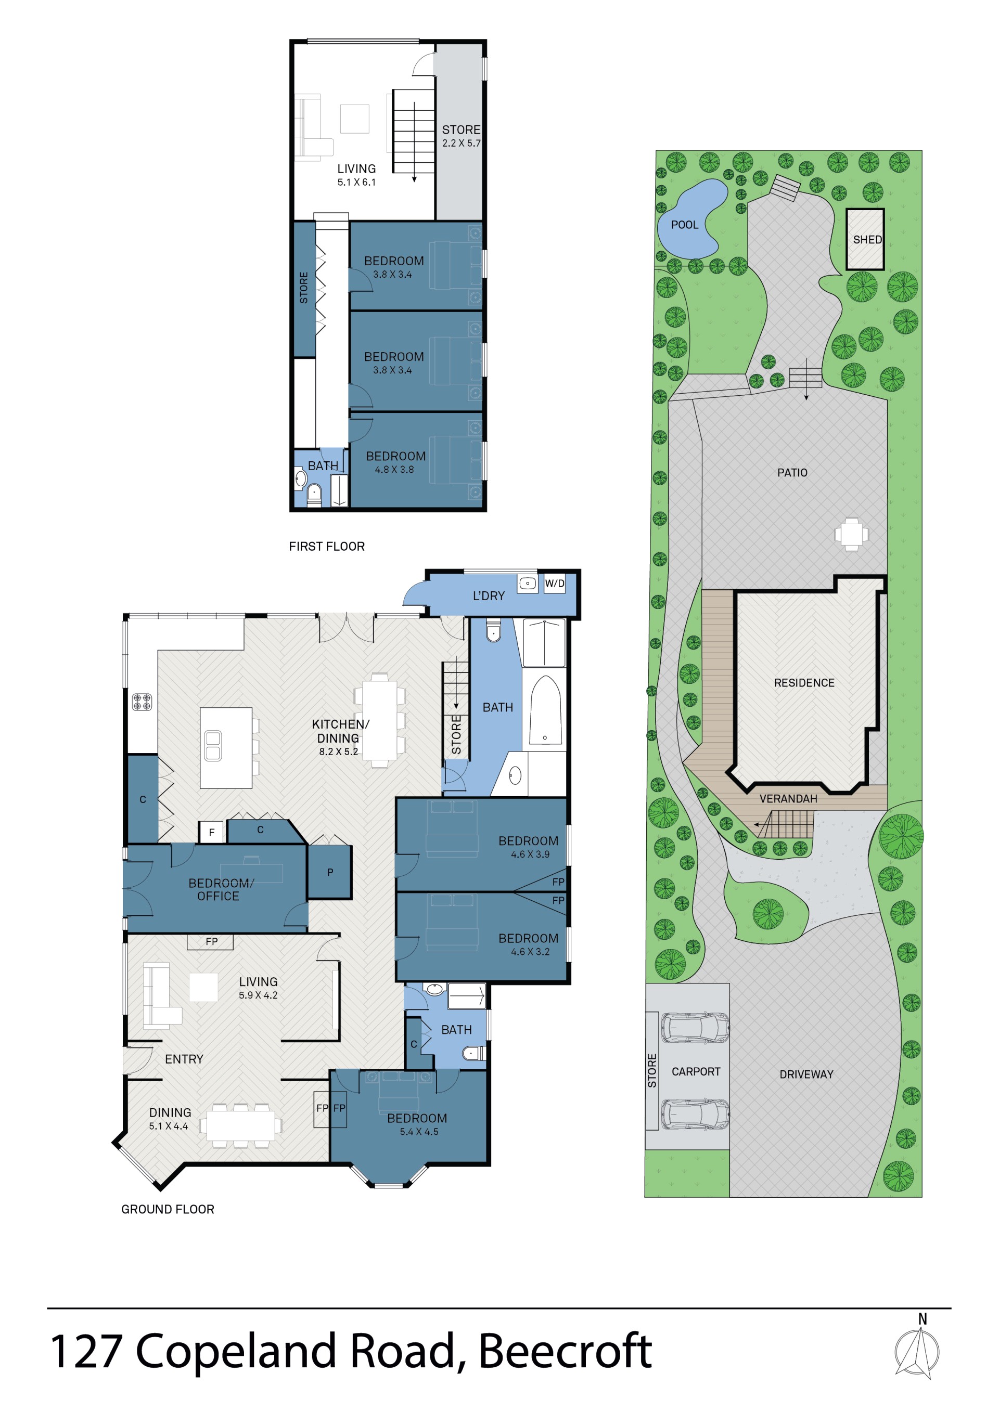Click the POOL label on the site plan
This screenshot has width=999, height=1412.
point(684,225)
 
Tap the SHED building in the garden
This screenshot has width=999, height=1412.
point(865,239)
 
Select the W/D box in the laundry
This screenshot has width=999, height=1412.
point(554,584)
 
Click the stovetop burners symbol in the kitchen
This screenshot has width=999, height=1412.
point(142,702)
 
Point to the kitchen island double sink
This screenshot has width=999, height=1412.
point(213,745)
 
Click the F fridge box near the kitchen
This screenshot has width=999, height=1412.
point(212,832)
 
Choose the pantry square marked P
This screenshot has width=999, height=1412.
point(330,872)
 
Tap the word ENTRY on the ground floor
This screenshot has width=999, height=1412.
point(184,1059)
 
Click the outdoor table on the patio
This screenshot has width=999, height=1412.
point(851,535)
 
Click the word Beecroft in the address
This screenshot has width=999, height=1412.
point(565,1351)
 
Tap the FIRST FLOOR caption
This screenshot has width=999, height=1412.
point(327,546)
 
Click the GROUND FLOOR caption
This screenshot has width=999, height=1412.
point(168,1209)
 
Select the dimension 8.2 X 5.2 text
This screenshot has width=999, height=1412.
point(338,752)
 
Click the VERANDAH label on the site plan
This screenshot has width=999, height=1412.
point(788,799)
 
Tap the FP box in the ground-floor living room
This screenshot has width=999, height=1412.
point(211,941)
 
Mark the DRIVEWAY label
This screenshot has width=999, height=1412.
point(806,1074)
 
